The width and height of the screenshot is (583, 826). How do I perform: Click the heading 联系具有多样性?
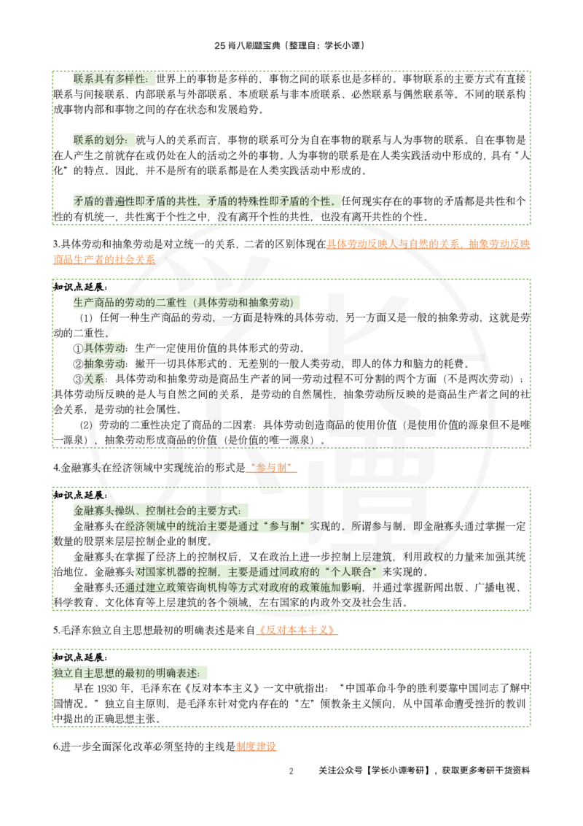(x=109, y=79)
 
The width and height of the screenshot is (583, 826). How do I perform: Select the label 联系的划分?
(x=100, y=140)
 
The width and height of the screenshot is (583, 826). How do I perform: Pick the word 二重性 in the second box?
(x=171, y=302)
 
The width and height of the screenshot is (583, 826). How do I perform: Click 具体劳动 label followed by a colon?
(x=104, y=348)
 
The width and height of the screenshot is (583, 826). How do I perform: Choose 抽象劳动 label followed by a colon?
(x=104, y=363)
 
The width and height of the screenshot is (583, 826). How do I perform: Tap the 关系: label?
(x=95, y=379)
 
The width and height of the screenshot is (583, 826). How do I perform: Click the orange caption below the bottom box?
(x=256, y=746)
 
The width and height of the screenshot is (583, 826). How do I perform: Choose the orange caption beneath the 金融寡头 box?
(x=297, y=630)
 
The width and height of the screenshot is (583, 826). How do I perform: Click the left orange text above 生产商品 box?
(x=104, y=259)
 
